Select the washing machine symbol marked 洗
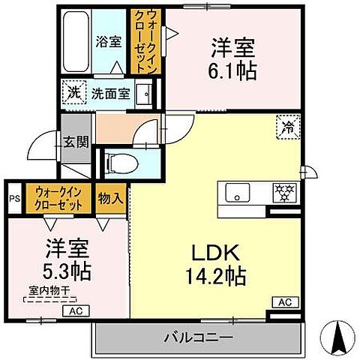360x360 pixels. click(73, 93)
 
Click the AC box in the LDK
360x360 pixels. click(284, 301)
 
